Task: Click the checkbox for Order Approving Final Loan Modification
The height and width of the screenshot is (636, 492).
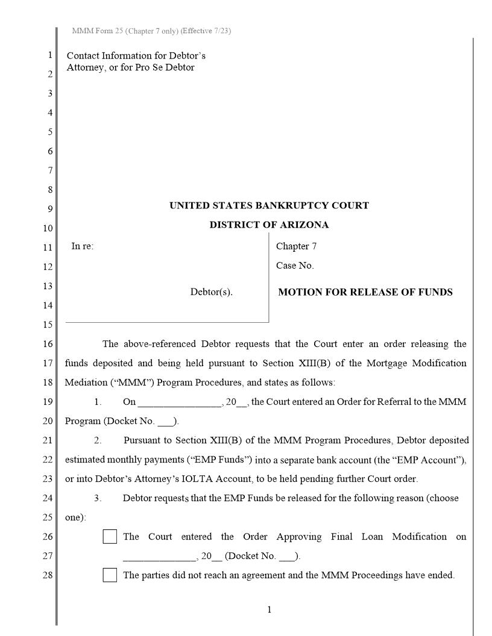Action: pos(110,537)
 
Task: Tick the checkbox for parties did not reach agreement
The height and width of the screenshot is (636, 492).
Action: pos(110,575)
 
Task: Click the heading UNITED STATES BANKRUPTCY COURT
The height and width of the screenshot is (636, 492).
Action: pos(269,205)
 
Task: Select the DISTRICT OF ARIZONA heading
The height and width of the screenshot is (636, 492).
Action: pos(269,225)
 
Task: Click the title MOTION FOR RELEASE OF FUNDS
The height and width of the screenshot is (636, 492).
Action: pos(365,292)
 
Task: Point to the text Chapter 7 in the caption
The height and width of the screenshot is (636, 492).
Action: pos(296,246)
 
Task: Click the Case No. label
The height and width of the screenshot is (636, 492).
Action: pos(295,265)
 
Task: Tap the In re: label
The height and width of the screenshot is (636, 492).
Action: pos(83,246)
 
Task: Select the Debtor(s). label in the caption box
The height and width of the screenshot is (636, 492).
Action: pos(211,292)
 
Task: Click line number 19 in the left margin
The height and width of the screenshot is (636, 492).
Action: pos(48,402)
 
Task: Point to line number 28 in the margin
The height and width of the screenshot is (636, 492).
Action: pos(48,575)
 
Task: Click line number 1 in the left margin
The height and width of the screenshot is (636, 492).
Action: pos(50,55)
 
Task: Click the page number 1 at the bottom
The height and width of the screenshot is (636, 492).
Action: pos(269,609)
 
